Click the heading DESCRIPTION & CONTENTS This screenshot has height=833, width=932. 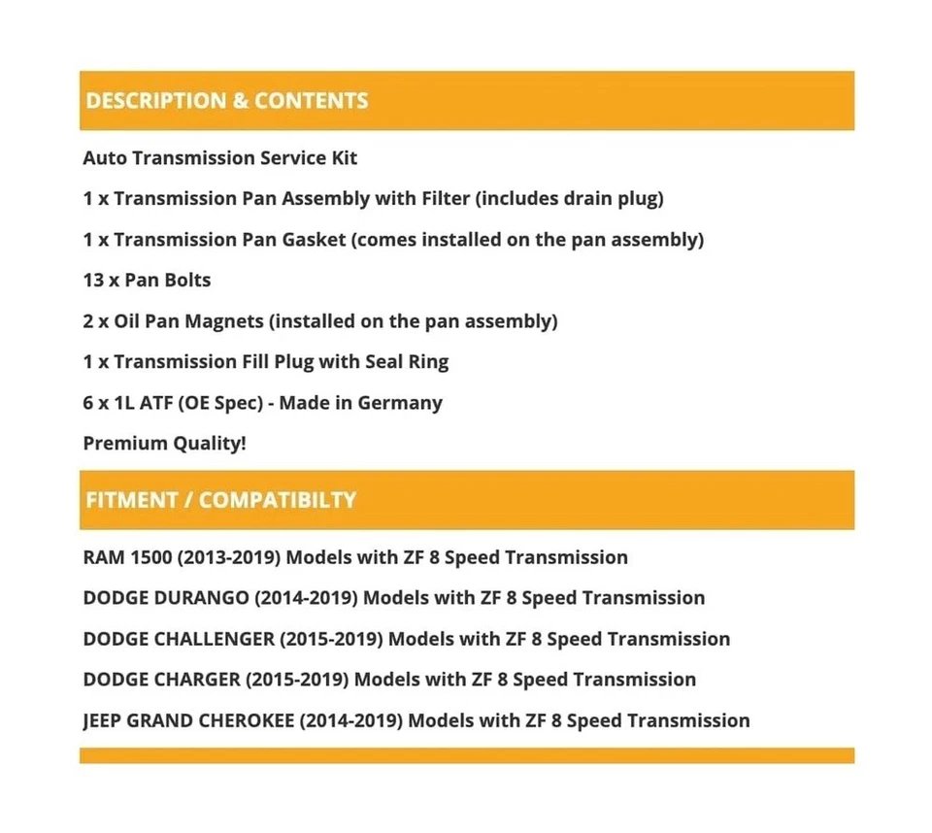226,101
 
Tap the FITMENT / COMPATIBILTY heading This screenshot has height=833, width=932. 220,500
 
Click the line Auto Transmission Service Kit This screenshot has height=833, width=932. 220,157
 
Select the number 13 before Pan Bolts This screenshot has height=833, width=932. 94,280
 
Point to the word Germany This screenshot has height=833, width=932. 400,402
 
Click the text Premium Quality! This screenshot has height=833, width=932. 164,443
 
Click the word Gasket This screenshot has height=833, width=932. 314,239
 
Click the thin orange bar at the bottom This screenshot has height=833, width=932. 466,755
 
